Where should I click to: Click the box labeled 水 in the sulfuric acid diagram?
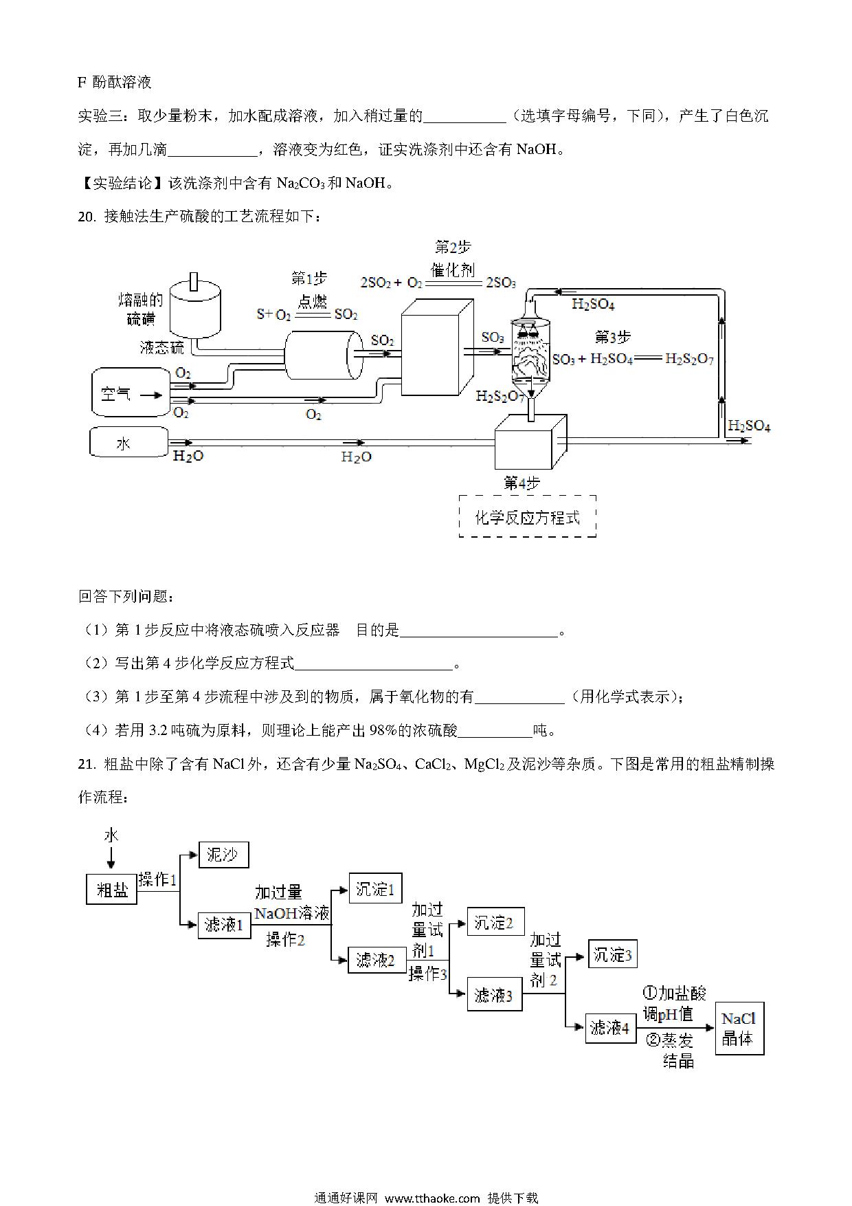coord(128,443)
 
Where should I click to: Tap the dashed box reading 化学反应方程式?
coord(527,517)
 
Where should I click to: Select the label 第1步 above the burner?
coord(309,278)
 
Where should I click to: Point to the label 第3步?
coord(612,337)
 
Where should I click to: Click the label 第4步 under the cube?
coord(522,483)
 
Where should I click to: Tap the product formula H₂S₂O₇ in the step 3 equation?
coord(689,360)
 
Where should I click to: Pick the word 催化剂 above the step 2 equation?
coord(452,269)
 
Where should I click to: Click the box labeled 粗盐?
coord(112,890)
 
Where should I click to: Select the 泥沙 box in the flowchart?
coord(223,855)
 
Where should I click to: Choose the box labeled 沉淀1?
coord(375,888)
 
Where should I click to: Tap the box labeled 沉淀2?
coord(495,923)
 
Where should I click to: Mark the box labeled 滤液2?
coord(375,961)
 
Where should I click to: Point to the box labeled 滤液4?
coord(611,1028)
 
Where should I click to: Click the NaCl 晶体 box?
coord(739,1029)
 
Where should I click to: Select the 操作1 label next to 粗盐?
coord(158,879)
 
